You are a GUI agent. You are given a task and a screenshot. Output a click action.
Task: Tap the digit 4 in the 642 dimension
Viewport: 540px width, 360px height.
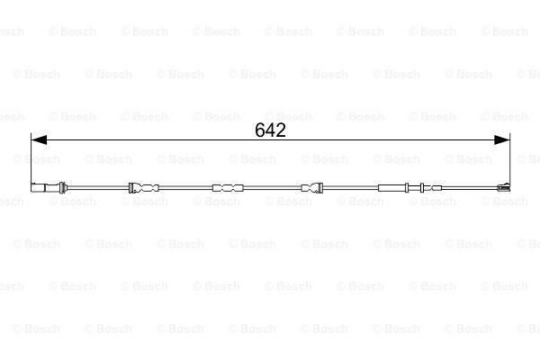[271, 130]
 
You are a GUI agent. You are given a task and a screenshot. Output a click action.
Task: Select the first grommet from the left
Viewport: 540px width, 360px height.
[144, 188]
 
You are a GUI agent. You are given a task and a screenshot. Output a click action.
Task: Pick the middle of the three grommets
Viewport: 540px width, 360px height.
[227, 188]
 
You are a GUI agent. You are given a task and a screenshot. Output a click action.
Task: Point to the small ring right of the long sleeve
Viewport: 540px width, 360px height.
[421, 188]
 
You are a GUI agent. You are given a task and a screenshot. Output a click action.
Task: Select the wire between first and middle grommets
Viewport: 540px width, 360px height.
[185, 188]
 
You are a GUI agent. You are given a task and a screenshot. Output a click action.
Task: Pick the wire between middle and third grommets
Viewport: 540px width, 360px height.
[270, 188]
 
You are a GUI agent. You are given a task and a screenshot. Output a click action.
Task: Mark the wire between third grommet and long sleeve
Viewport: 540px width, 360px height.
[351, 188]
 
